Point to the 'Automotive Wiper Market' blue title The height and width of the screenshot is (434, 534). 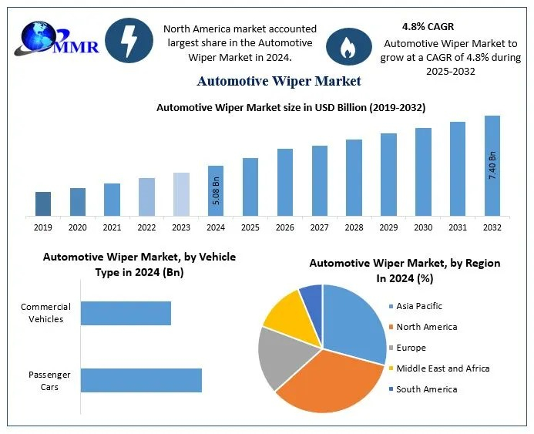click(279, 80)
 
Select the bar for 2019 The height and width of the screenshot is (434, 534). click(43, 204)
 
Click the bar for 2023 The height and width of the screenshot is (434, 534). click(181, 193)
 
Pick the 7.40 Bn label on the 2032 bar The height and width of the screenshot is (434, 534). click(492, 166)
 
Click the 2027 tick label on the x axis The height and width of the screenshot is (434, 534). click(320, 227)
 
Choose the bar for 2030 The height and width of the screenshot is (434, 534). click(423, 171)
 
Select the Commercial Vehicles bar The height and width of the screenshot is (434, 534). click(126, 313)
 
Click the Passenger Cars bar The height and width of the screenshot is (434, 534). click(141, 380)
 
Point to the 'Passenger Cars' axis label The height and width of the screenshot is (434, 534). click(49, 380)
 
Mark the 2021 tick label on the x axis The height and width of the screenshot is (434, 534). click(112, 227)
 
